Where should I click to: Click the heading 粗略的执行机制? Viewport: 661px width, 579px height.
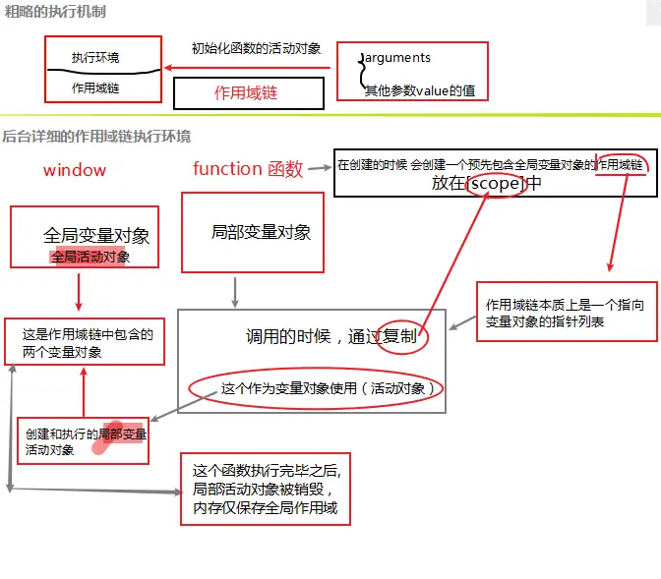tap(55, 12)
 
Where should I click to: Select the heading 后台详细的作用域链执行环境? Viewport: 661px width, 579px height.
tap(96, 137)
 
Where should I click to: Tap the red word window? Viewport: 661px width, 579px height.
tap(74, 170)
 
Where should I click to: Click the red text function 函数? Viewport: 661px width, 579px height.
tap(248, 169)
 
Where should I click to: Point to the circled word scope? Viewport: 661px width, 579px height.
tap(496, 184)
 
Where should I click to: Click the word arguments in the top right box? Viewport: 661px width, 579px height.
tap(397, 58)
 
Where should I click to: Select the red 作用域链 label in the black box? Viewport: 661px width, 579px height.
tap(247, 93)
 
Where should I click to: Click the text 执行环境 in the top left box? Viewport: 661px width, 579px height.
tap(95, 58)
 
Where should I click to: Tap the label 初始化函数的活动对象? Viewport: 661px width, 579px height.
tap(256, 48)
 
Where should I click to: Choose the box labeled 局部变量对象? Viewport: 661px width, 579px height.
tap(253, 232)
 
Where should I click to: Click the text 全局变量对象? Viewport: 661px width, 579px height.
tap(96, 236)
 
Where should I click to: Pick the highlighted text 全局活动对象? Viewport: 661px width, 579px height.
tap(90, 257)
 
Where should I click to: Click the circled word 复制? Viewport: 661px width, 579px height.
tap(406, 336)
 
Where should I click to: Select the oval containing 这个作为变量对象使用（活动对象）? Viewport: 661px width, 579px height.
tap(316, 388)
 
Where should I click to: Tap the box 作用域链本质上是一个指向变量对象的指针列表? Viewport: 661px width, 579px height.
tap(566, 313)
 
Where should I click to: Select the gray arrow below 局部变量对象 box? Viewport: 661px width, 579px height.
tap(235, 291)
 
